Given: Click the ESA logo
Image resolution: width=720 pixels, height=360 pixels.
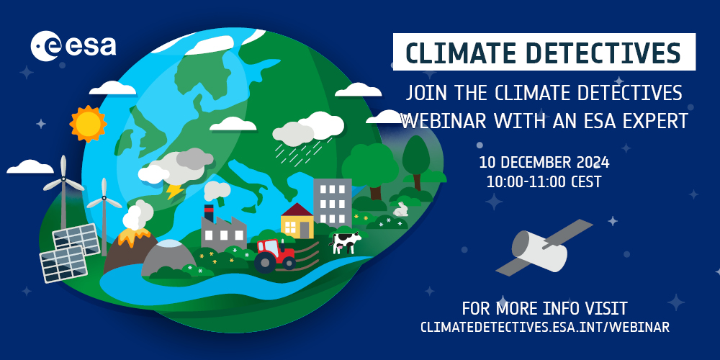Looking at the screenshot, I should pos(73,47).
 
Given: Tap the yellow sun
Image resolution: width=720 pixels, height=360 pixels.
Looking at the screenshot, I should pos(88,124).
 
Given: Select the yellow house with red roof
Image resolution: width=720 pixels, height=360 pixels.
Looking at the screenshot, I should pos(297,220).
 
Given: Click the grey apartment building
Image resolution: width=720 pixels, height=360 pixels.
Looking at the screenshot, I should pos(332,202).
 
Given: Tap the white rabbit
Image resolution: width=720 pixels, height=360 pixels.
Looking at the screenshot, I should pos(401,210).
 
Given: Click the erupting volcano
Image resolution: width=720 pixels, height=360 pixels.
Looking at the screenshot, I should pos(130,245).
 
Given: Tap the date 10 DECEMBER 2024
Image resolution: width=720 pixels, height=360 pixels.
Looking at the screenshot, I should pos(544,162).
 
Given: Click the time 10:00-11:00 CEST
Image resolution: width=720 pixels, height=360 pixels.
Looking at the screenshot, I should pos(544,181).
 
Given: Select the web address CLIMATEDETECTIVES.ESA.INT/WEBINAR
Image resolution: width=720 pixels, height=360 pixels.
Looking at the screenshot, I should pos(545,327).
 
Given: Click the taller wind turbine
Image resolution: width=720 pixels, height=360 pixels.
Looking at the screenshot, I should pos(63,187).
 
